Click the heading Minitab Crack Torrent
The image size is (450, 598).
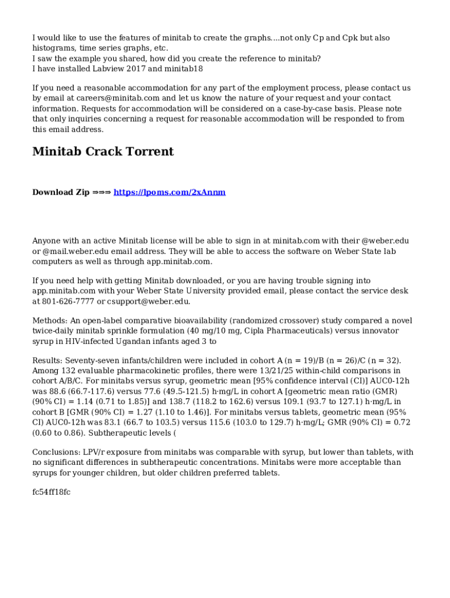click(103, 152)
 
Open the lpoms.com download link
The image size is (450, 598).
click(169, 192)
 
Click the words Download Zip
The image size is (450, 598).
click(61, 192)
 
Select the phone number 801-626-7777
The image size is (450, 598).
click(68, 301)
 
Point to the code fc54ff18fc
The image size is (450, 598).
click(51, 492)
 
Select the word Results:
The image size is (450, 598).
click(47, 360)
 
